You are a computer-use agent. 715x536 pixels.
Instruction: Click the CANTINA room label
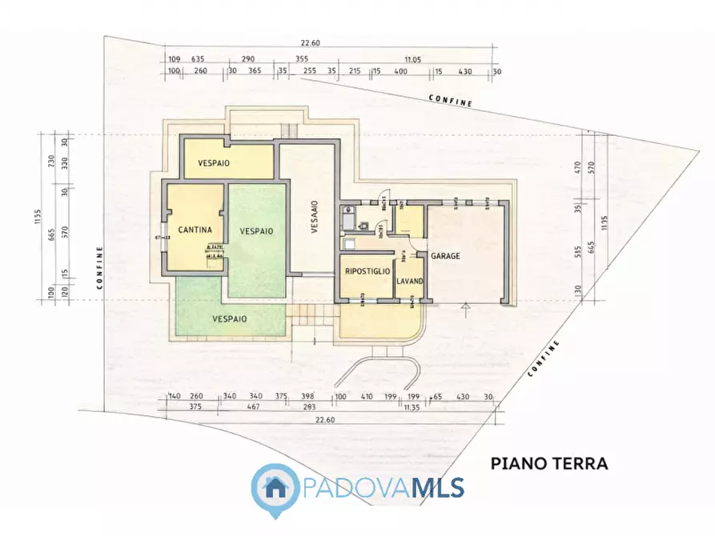195,230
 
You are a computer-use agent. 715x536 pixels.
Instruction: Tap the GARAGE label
446,257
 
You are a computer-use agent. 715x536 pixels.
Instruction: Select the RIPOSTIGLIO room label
368,272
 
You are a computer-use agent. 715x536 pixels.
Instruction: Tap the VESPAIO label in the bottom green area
229,318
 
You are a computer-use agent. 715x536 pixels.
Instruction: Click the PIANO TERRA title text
548,463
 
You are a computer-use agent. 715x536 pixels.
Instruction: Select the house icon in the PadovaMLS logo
275,486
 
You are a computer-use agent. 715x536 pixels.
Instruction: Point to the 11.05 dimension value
412,59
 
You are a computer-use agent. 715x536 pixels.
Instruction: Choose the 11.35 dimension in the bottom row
412,408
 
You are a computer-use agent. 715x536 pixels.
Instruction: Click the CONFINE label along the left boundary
100,266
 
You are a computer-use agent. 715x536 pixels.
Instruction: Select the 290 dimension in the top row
248,59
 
